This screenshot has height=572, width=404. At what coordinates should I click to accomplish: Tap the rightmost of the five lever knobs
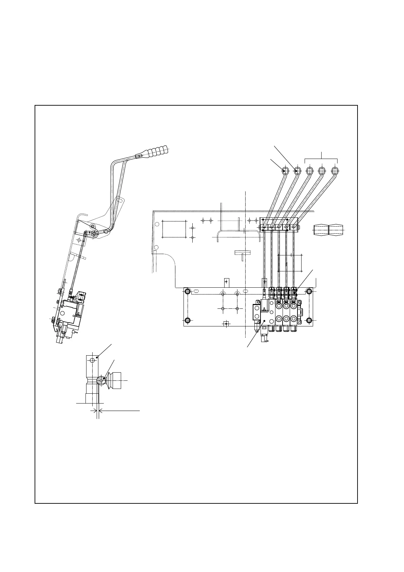tap(335, 171)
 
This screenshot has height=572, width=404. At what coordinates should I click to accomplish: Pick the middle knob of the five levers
tap(310, 171)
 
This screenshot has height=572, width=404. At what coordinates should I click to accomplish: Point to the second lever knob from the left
tap(297, 171)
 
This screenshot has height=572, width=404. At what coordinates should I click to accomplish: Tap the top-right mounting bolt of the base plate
tap(309, 291)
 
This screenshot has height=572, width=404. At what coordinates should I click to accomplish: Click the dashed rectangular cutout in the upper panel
tap(174, 229)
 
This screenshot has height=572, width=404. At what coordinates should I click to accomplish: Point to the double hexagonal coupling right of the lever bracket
tap(328, 230)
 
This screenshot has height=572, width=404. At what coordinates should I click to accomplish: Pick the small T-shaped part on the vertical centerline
tap(242, 253)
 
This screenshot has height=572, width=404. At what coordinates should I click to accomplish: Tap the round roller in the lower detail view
tap(101, 381)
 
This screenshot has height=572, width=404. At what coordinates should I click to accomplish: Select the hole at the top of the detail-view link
tap(92, 360)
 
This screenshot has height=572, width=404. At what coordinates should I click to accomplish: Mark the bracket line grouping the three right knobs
tap(321, 159)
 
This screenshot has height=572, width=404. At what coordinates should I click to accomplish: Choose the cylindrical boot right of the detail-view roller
tap(115, 381)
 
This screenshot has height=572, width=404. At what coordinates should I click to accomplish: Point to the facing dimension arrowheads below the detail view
tap(97, 411)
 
